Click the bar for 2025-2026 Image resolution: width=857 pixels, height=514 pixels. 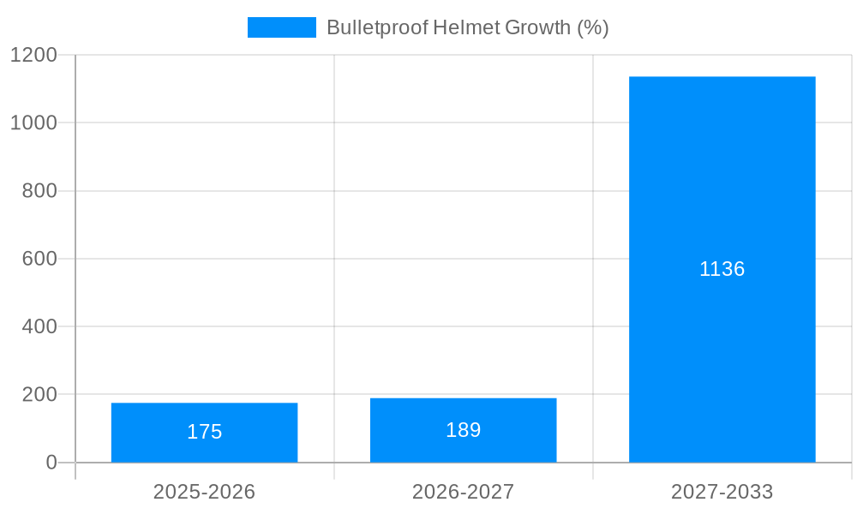(x=204, y=433)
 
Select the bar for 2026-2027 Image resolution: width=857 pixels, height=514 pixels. (x=463, y=430)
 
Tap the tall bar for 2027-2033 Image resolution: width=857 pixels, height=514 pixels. (x=722, y=269)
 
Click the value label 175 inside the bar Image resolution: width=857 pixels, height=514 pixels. (x=204, y=432)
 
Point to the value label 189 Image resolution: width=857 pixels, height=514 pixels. (x=463, y=430)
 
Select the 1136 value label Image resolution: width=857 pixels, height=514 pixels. (x=722, y=269)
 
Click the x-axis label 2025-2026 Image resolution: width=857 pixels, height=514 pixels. (x=204, y=492)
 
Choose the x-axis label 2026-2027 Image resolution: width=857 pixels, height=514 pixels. (x=463, y=492)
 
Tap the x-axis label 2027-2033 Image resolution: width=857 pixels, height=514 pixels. (x=722, y=492)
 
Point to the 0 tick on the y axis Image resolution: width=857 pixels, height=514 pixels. (x=51, y=463)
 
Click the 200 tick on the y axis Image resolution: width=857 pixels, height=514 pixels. (x=39, y=395)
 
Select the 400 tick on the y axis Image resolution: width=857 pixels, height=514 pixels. (x=39, y=326)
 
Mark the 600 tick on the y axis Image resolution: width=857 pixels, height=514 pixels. (x=39, y=259)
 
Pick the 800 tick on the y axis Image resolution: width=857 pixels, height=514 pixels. (x=39, y=191)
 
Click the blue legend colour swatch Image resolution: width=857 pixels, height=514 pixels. (x=281, y=27)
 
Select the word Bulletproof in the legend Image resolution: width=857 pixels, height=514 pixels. (x=376, y=27)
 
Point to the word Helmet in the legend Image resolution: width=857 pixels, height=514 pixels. (x=466, y=27)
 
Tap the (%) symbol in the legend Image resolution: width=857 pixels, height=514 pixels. (x=593, y=27)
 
